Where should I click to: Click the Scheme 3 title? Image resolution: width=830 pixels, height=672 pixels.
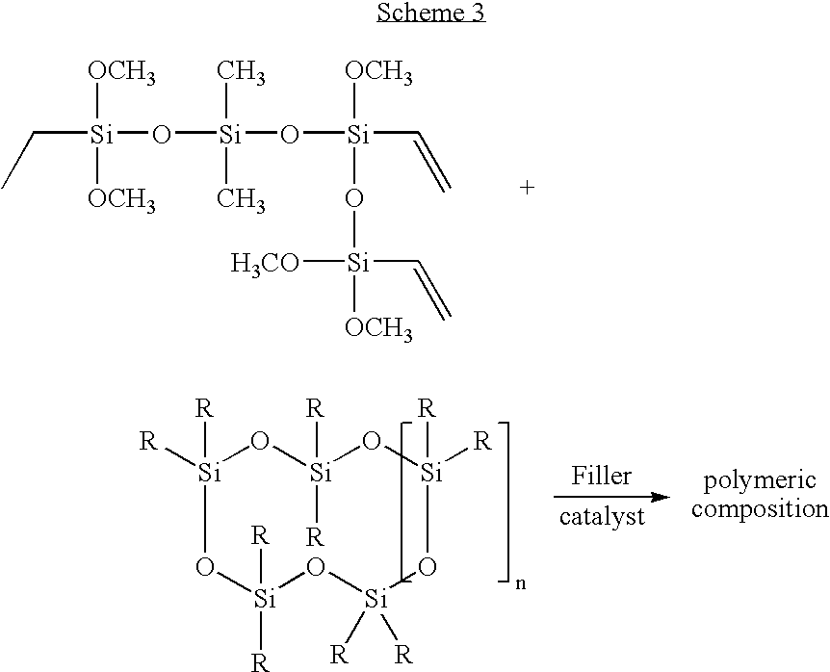430,12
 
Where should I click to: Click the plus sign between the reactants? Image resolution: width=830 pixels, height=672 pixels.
527,188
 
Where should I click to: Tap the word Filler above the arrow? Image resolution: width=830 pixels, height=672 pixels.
602,476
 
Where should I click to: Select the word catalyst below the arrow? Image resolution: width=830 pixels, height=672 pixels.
602,516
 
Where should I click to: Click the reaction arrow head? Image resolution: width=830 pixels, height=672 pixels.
661,498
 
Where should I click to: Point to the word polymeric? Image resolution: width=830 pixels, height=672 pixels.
760,481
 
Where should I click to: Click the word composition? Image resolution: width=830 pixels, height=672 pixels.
760,509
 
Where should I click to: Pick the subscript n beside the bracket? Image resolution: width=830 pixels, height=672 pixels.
520,584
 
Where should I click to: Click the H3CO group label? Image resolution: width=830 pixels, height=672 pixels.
265,263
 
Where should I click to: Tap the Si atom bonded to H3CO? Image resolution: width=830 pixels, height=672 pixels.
358,263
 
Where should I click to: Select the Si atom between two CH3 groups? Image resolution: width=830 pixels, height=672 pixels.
230,135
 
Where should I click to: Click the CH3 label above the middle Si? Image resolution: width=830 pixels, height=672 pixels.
241,71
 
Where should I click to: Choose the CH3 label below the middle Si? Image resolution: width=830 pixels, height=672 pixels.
241,200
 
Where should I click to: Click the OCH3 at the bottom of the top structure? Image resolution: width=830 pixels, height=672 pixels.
378,328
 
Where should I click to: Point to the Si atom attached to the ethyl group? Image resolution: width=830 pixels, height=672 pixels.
101,135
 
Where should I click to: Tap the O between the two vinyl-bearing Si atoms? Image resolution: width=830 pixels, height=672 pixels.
354,199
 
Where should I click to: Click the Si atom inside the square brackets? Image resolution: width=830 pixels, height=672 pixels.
430,472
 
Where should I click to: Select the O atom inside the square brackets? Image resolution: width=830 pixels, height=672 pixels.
428,567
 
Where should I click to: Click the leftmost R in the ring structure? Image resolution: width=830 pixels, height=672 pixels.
147,440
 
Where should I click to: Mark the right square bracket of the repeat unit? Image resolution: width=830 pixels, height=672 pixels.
504,502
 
